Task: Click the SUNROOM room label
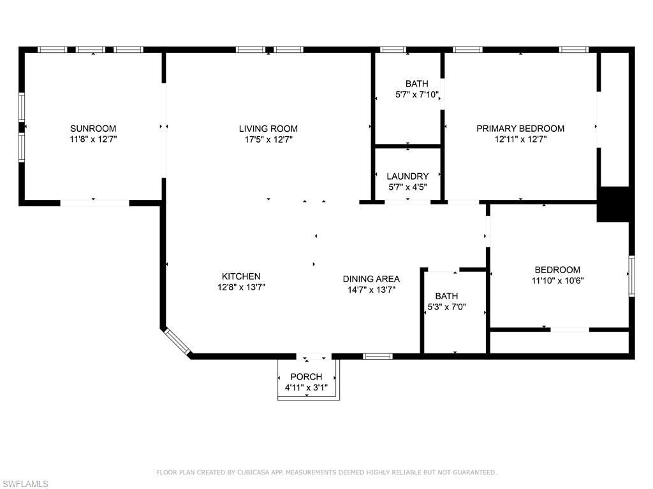(93, 129)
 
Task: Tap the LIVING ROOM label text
(268, 129)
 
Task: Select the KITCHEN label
(240, 276)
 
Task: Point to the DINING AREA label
(371, 279)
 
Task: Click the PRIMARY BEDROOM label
(520, 129)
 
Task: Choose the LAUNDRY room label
(407, 176)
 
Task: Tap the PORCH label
(306, 377)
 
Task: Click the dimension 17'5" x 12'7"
(268, 139)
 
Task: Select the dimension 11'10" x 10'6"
(557, 281)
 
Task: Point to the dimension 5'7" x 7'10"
(417, 95)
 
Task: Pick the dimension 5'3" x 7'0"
(446, 307)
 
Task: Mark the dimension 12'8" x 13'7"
(240, 287)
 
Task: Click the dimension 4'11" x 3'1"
(306, 388)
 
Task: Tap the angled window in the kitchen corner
(177, 341)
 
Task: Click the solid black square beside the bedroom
(613, 204)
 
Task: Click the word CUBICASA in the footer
(256, 472)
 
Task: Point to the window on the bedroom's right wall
(631, 276)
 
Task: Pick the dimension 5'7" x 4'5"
(407, 187)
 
